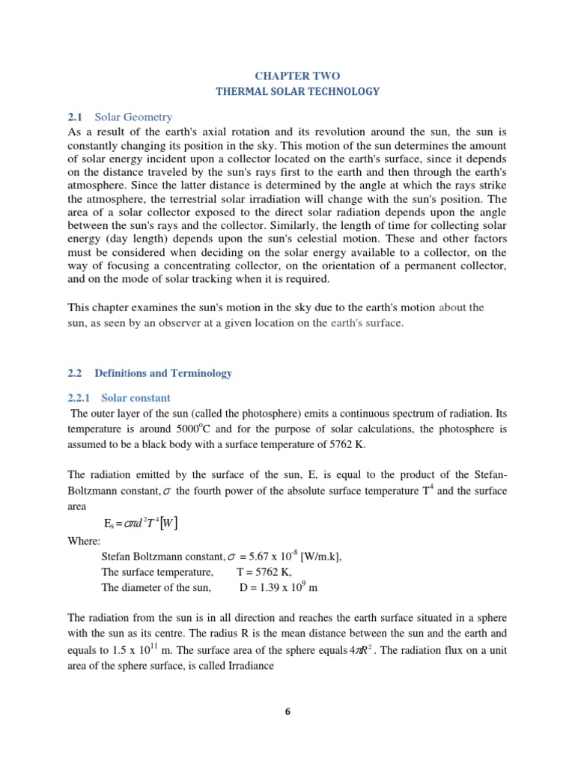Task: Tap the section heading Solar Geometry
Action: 133,117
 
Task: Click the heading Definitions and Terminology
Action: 163,373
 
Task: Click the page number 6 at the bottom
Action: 287,711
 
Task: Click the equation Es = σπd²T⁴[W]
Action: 140,522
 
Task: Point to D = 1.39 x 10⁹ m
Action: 279,587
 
